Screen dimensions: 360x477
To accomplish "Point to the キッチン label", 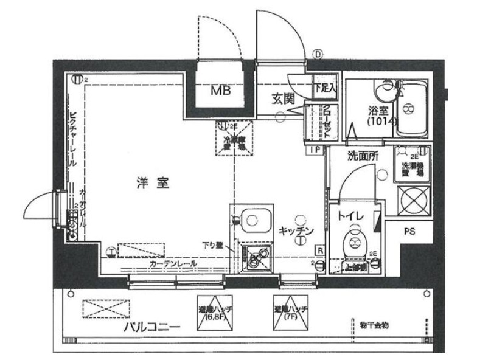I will tap(296, 231).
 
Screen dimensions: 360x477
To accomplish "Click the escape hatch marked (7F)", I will tap(290, 314).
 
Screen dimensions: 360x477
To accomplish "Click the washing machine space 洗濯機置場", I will tap(411, 163).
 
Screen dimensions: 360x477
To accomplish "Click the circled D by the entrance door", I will tap(318, 54).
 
